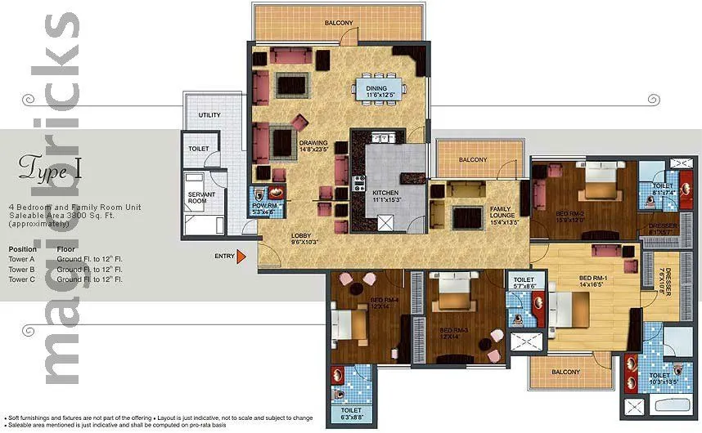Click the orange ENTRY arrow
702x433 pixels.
coord(241,257)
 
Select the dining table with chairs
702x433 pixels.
coord(379,88)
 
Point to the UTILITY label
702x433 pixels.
coord(210,115)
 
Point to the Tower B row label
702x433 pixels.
coord(22,269)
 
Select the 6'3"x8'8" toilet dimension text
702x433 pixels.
coord(353,417)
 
